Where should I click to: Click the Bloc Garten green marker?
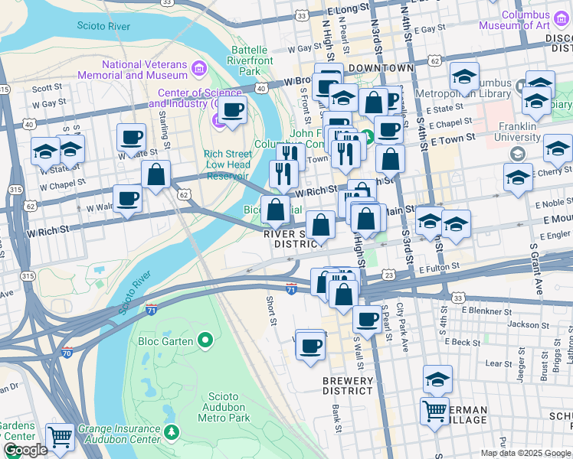205,340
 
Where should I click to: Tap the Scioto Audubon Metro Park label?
224,407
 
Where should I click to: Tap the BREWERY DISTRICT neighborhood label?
347,385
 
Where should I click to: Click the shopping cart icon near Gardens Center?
60,436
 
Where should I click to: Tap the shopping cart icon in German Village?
434,411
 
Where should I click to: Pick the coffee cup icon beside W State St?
131,138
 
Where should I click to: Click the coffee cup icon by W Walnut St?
127,198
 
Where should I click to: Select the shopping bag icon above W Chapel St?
156,175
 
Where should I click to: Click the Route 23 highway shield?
388,275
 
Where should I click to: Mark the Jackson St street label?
523,325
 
